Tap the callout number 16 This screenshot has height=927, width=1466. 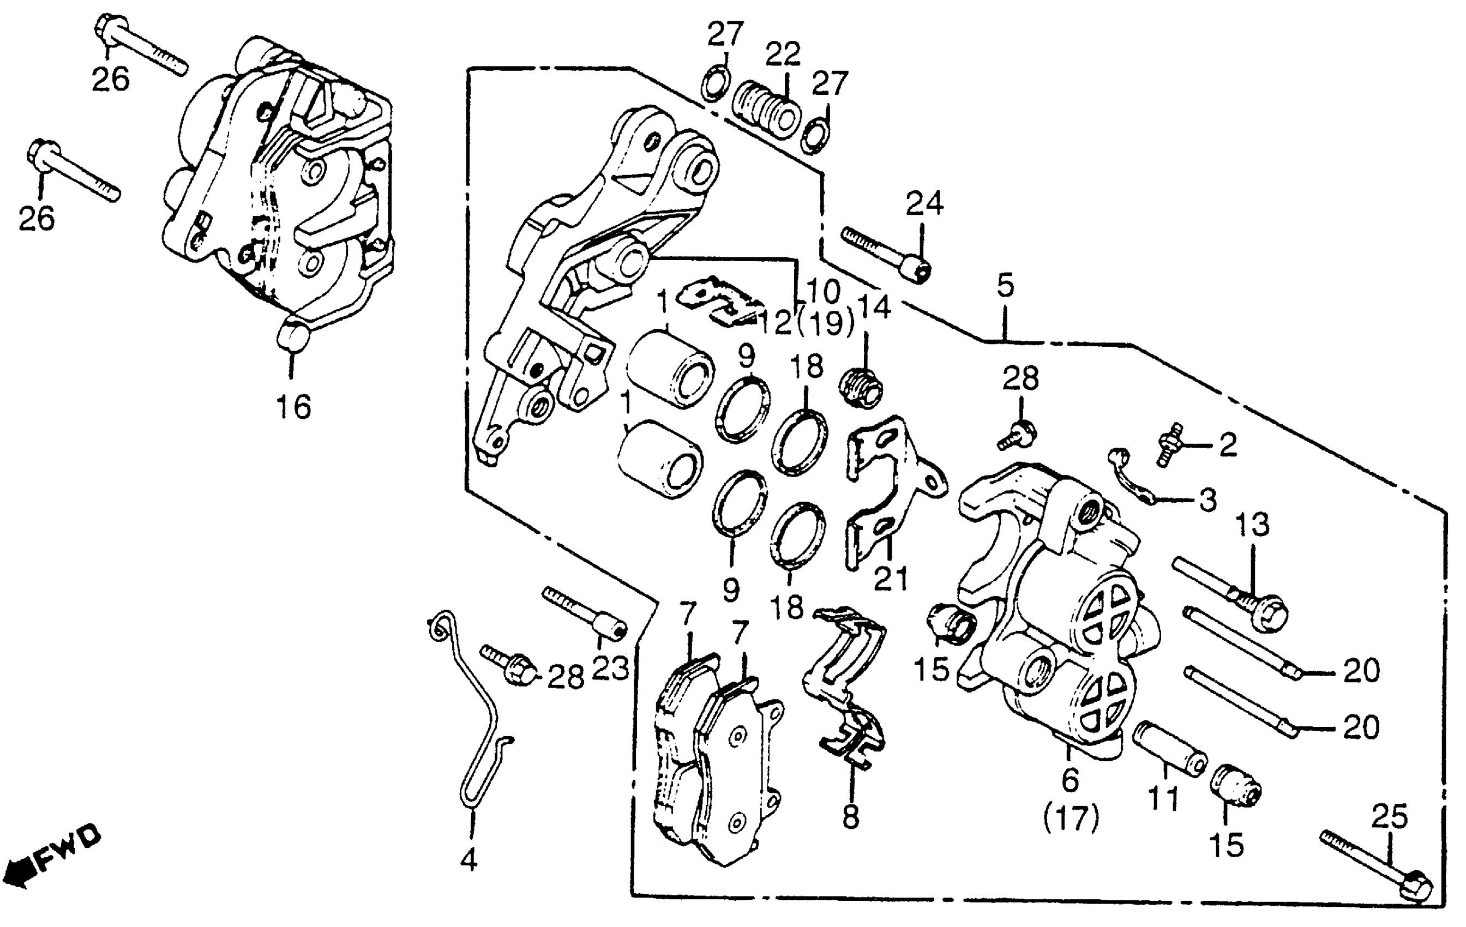pos(293,407)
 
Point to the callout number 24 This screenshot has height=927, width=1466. pos(924,203)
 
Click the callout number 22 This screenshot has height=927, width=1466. pos(783,55)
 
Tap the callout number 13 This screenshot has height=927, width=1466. pos(1252,524)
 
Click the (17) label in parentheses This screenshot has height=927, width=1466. pos(1072,818)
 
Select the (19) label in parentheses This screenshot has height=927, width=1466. pos(826,323)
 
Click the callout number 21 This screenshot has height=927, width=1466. pos(891,578)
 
